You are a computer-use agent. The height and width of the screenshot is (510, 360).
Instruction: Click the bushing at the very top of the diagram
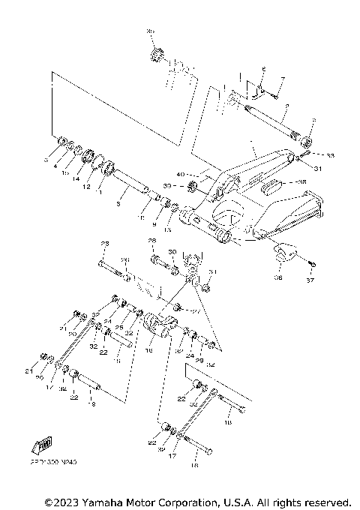coord(157,56)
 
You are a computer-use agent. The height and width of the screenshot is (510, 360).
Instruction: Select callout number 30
coord(172,252)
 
